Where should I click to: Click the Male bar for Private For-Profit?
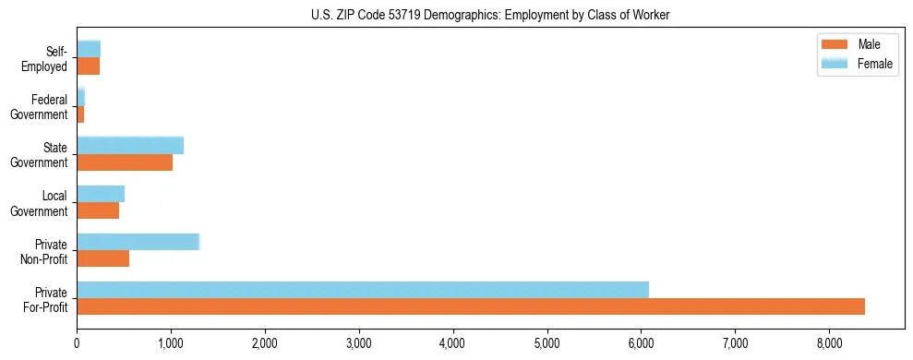(x=471, y=306)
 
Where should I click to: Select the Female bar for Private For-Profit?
(x=363, y=290)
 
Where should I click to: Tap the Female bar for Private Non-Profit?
(x=138, y=242)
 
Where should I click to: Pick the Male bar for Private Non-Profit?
(x=102, y=258)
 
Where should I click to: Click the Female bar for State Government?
(x=130, y=145)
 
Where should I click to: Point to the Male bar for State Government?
(x=125, y=162)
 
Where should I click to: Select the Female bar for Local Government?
(x=101, y=194)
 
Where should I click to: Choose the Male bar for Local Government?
(x=98, y=210)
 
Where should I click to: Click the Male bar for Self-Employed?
(x=88, y=66)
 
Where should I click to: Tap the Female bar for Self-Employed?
(x=89, y=49)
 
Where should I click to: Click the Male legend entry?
(x=856, y=45)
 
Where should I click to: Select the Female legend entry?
(x=856, y=64)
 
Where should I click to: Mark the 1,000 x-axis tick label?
(x=171, y=343)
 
